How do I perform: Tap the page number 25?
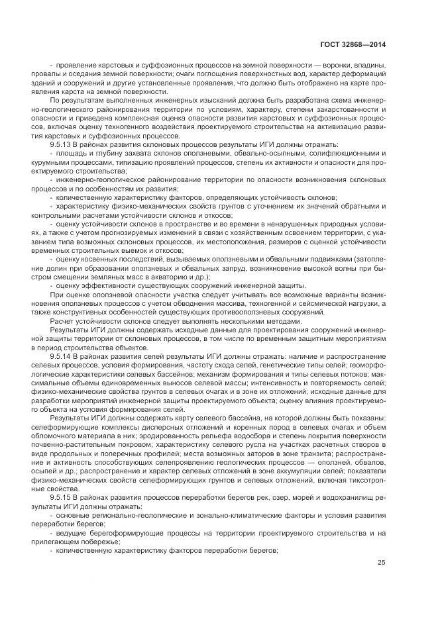point(381,563)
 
